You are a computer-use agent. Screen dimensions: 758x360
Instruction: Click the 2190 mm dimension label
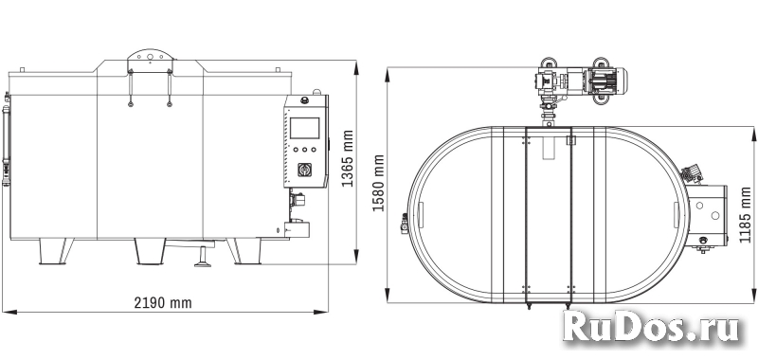tap(163, 303)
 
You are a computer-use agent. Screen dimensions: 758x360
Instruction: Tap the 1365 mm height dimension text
tap(348, 158)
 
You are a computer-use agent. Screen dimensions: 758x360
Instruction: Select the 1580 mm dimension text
tap(378, 183)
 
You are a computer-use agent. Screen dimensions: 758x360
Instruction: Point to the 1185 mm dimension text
tap(746, 214)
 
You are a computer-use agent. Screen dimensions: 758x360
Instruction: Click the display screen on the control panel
tap(304, 128)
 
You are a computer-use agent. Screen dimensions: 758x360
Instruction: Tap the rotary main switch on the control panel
tap(304, 171)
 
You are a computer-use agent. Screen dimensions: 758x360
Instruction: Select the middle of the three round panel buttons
tap(304, 150)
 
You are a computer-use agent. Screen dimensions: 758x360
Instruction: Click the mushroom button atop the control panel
tap(305, 100)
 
